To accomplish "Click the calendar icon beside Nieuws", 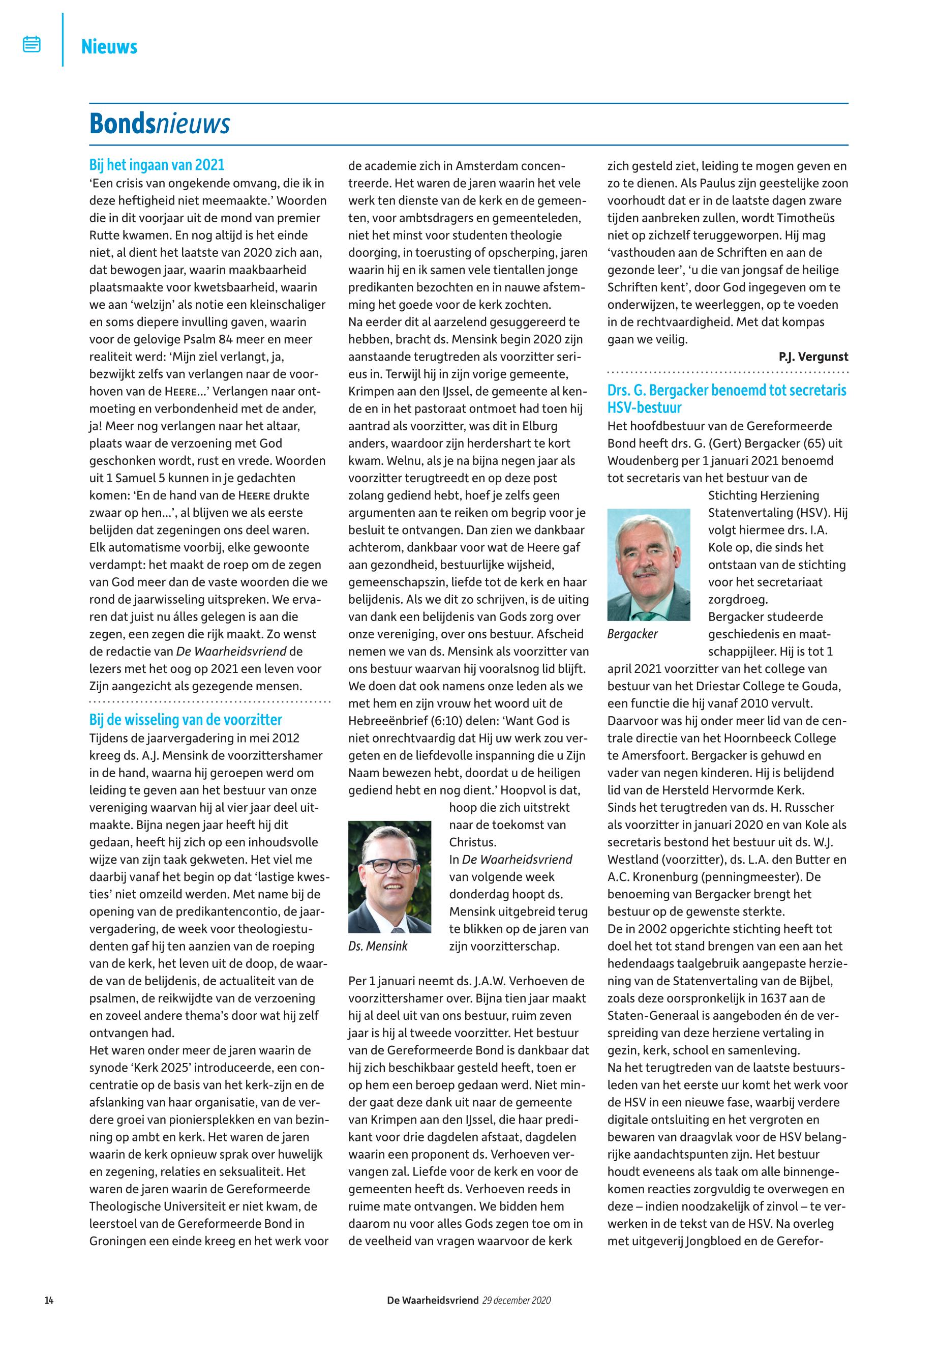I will point(32,44).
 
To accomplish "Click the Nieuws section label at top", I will point(109,46).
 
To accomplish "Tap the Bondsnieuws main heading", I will point(159,124).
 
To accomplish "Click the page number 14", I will point(49,1300).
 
